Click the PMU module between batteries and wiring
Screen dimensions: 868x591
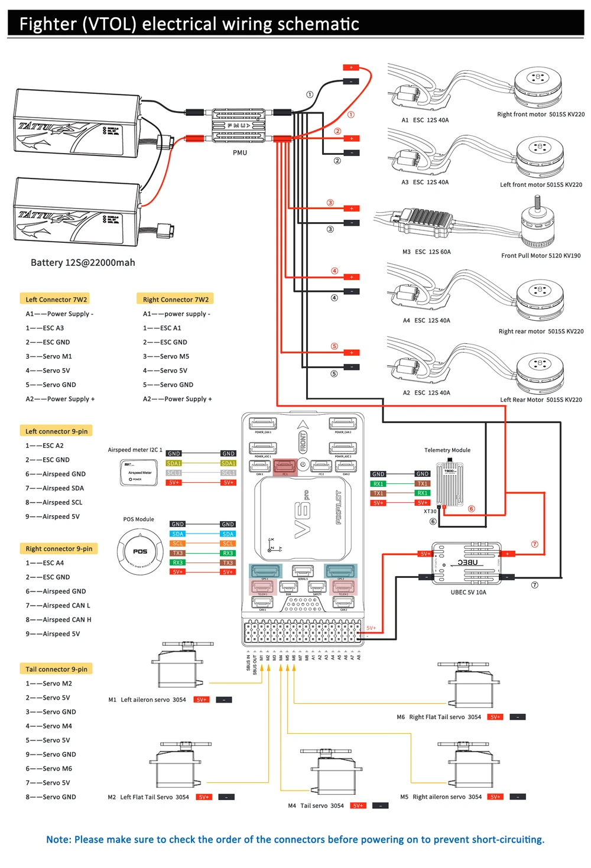(x=239, y=126)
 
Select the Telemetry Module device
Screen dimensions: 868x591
(x=450, y=485)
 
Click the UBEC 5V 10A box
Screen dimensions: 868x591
(x=467, y=564)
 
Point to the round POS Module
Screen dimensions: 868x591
(x=140, y=551)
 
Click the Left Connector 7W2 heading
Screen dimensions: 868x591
(x=56, y=300)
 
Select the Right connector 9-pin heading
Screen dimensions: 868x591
(x=59, y=549)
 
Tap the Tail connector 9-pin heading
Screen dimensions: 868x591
(x=56, y=669)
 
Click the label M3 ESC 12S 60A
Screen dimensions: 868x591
(x=426, y=252)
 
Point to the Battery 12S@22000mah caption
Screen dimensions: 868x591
(x=83, y=262)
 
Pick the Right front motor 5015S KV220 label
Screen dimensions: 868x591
(x=540, y=115)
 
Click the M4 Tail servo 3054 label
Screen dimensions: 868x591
(x=316, y=805)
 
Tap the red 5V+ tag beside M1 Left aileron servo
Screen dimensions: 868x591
(x=202, y=700)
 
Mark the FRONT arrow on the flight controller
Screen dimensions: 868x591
(x=303, y=437)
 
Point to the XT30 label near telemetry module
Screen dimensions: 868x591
(x=430, y=512)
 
